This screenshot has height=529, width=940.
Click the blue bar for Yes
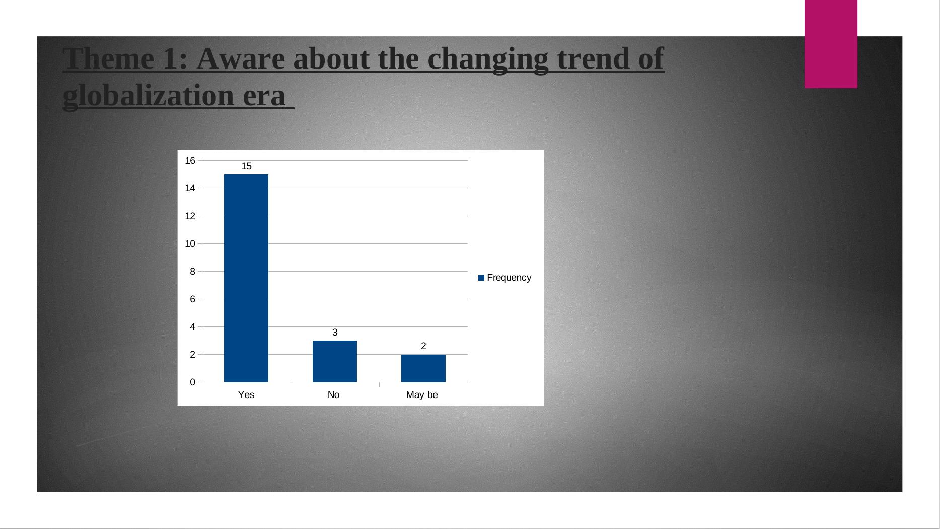[246, 278]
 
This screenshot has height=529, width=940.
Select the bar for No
[335, 361]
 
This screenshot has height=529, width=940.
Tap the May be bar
[423, 368]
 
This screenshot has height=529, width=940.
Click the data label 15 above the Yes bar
[246, 166]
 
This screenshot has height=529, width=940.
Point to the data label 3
[335, 333]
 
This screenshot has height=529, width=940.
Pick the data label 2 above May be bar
[423, 346]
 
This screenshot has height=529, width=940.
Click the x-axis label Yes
[246, 395]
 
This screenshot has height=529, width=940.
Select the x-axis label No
[333, 395]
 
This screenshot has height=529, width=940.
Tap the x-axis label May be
[422, 395]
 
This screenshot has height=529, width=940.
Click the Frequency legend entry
[505, 278]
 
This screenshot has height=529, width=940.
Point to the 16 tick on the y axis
[190, 161]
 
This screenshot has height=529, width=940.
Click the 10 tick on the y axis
[190, 244]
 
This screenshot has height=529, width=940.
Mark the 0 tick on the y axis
[192, 382]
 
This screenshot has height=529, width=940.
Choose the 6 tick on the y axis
[192, 299]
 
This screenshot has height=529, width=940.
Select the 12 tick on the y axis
[190, 216]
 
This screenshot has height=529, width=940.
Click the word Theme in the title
[109, 58]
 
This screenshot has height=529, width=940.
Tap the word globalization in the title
[149, 96]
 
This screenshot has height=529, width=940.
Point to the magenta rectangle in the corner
[831, 44]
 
